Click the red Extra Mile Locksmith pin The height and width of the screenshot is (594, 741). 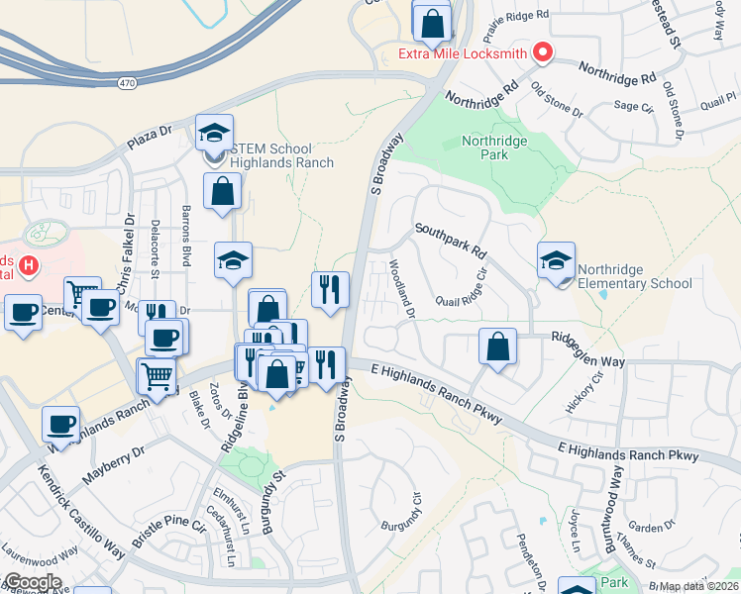542,52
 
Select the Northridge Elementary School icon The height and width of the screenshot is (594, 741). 556,261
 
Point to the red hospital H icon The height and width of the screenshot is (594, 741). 29,265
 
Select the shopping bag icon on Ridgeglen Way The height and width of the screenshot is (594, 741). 497,347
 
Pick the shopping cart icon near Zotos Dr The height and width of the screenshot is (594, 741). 156,376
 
